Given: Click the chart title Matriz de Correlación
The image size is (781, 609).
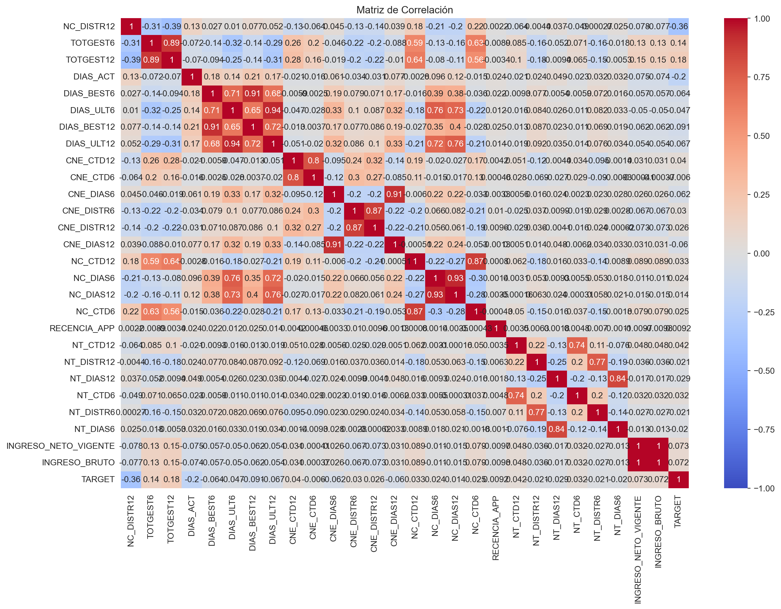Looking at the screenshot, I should point(404,10).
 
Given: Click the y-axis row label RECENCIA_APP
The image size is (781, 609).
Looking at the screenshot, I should point(82,328).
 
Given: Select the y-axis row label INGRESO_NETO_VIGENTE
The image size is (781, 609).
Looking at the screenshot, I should point(60,446).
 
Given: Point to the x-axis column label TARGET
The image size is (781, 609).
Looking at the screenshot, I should point(678,511).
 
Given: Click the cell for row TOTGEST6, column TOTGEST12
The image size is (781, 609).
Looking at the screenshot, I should point(172,43).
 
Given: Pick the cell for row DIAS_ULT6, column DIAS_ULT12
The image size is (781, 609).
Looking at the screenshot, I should point(273,110).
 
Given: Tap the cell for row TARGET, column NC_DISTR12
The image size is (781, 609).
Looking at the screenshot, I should point(131,479).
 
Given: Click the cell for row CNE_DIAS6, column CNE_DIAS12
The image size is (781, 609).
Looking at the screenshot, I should point(394,194).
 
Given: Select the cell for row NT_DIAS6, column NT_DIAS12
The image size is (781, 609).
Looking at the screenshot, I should point(557,429).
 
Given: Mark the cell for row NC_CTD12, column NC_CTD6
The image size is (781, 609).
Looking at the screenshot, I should point(476,261).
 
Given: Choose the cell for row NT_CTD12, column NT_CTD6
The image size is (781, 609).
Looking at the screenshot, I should point(577,345).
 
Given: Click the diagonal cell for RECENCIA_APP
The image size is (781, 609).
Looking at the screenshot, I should point(496,328).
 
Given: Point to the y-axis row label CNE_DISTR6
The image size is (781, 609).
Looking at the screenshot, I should point(88,211).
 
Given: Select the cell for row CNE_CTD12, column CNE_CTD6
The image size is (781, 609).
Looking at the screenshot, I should point(314,161).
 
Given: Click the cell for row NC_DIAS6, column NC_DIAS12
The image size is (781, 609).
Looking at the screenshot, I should point(455,278).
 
